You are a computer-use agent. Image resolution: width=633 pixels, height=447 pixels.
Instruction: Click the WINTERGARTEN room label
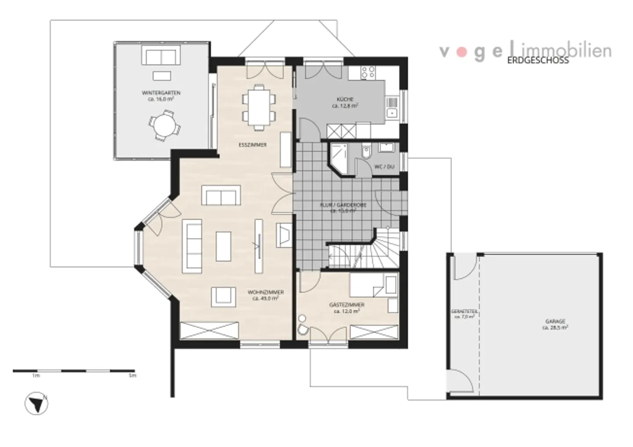161,93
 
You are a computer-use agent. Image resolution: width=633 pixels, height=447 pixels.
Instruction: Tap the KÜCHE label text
345,99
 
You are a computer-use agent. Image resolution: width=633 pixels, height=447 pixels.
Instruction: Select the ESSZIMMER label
252,145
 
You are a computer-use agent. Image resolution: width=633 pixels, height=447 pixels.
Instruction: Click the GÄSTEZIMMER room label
347,305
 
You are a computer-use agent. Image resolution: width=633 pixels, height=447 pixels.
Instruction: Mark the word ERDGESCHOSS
538,61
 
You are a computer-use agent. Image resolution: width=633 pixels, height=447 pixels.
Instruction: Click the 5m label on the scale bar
132,376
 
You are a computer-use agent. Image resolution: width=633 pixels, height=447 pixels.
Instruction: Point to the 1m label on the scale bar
36,376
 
